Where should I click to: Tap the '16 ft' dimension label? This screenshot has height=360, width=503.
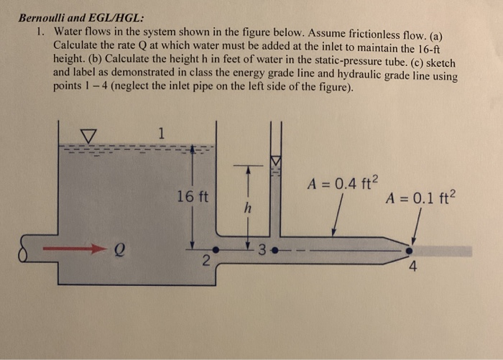tap(193, 195)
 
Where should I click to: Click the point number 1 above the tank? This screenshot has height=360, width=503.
tap(162, 133)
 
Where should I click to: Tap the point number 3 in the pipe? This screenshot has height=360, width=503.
tap(263, 251)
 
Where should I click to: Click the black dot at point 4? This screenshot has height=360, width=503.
tap(410, 251)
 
